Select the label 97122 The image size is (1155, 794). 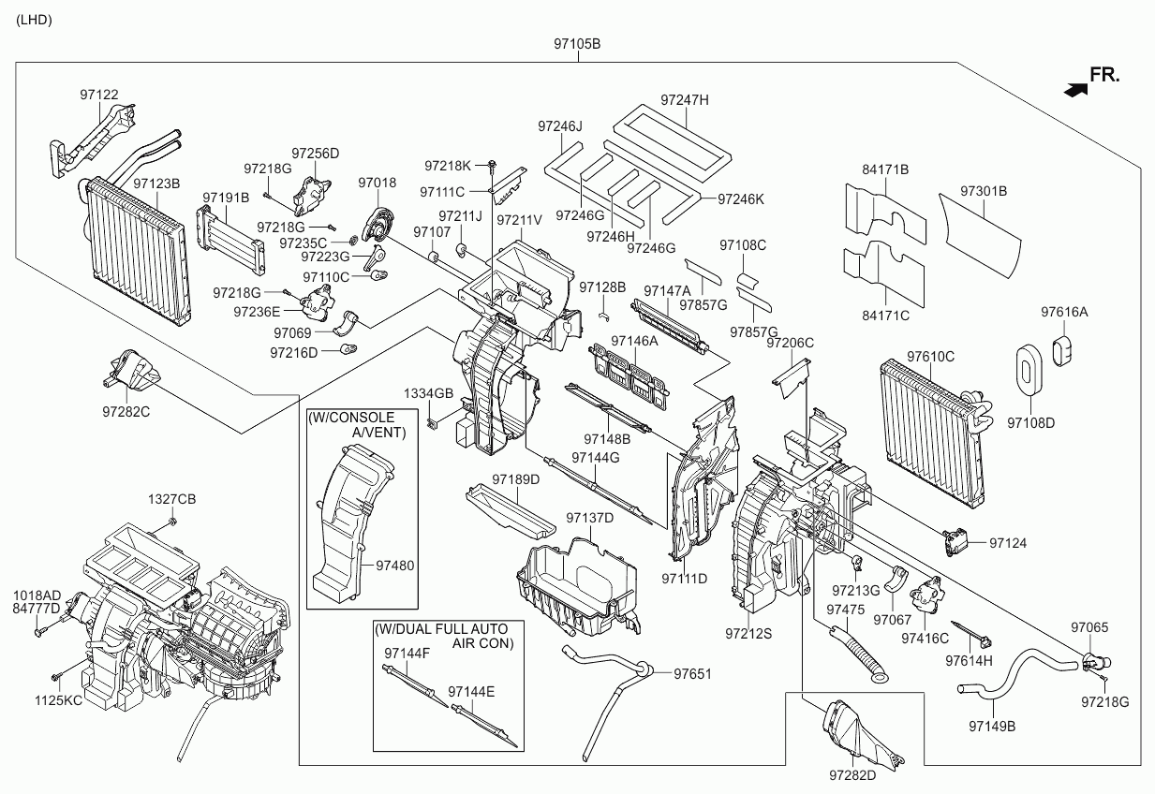[98, 95]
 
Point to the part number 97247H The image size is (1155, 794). [685, 99]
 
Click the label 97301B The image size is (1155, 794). [983, 191]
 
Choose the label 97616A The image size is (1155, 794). [1064, 312]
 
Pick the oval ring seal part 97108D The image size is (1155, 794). [1030, 368]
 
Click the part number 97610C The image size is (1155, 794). [930, 357]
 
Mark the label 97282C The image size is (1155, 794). [126, 410]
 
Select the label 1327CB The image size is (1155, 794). [172, 498]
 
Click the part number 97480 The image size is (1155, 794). [394, 566]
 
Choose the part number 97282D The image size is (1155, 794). [852, 776]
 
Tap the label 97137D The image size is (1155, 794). [589, 518]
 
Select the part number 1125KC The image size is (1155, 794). [59, 698]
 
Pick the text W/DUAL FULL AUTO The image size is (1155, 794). [440, 627]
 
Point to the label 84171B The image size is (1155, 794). [885, 169]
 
